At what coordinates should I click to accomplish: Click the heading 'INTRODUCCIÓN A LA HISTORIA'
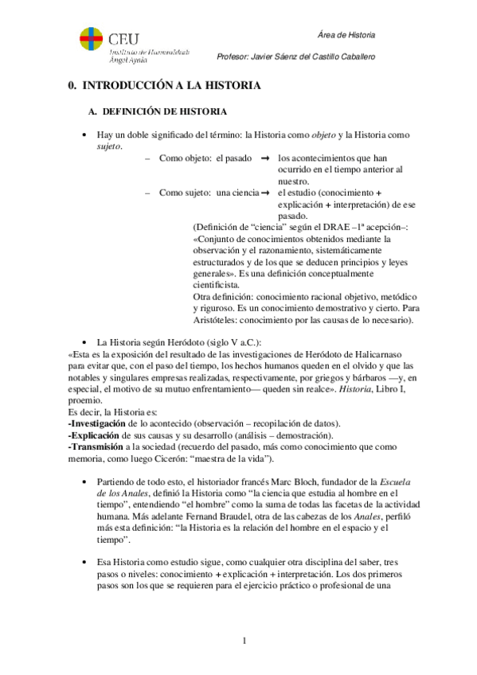(x=169, y=84)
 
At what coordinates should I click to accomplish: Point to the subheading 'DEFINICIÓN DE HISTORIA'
(x=166, y=111)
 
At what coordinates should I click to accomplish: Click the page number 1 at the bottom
(x=246, y=642)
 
